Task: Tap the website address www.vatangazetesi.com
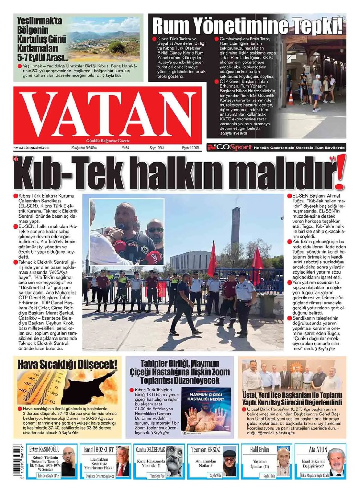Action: (x=31, y=148)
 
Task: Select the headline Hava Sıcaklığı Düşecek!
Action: (x=67, y=364)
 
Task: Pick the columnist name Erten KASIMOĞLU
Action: (x=44, y=450)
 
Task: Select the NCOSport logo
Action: (x=230, y=148)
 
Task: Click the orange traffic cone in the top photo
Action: (x=291, y=98)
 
